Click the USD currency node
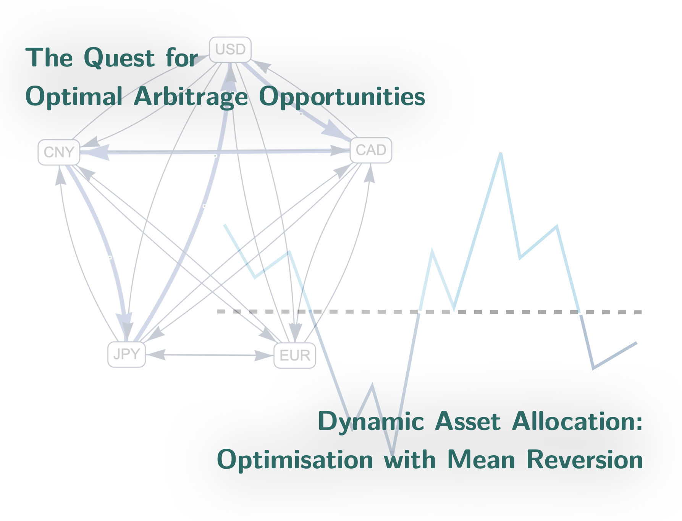230,50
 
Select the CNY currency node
59,152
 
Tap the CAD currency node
371,150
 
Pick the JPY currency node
126,354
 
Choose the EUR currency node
295,356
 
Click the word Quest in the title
119,58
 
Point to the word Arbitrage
191,97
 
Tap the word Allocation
577,421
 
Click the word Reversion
584,460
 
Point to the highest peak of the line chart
500,154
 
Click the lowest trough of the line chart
392,454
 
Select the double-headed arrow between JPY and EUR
210,355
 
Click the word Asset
468,421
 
